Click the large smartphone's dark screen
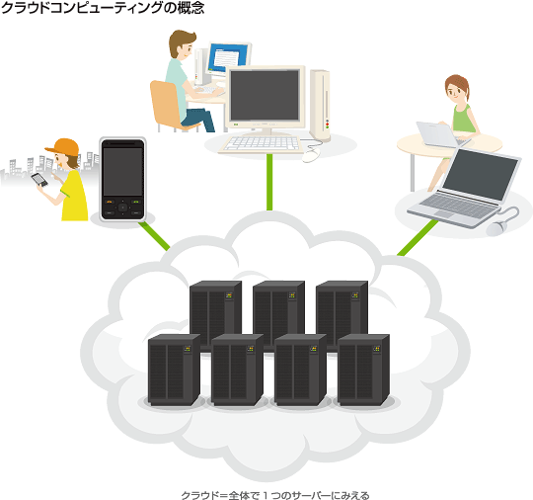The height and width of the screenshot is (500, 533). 122,171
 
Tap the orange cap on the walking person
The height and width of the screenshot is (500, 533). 63,147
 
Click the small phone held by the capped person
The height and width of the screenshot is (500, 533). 39,180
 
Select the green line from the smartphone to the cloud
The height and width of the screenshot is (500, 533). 154,236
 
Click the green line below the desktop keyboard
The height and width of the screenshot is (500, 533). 269,182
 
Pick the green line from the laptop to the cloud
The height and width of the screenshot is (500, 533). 418,237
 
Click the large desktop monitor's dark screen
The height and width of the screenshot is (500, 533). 265,96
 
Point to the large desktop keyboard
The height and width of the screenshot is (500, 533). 262,144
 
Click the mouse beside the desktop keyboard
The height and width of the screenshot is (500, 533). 311,155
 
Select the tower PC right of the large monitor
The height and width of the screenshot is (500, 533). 320,106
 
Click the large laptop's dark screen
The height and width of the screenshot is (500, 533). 480,174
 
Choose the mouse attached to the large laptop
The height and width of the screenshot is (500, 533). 496,228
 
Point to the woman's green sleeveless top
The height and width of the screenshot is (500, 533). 463,119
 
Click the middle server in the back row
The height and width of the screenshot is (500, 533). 278,311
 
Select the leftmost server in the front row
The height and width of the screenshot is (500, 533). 174,370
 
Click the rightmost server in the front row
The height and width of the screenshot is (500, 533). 363,370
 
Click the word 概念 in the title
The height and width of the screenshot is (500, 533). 190,8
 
